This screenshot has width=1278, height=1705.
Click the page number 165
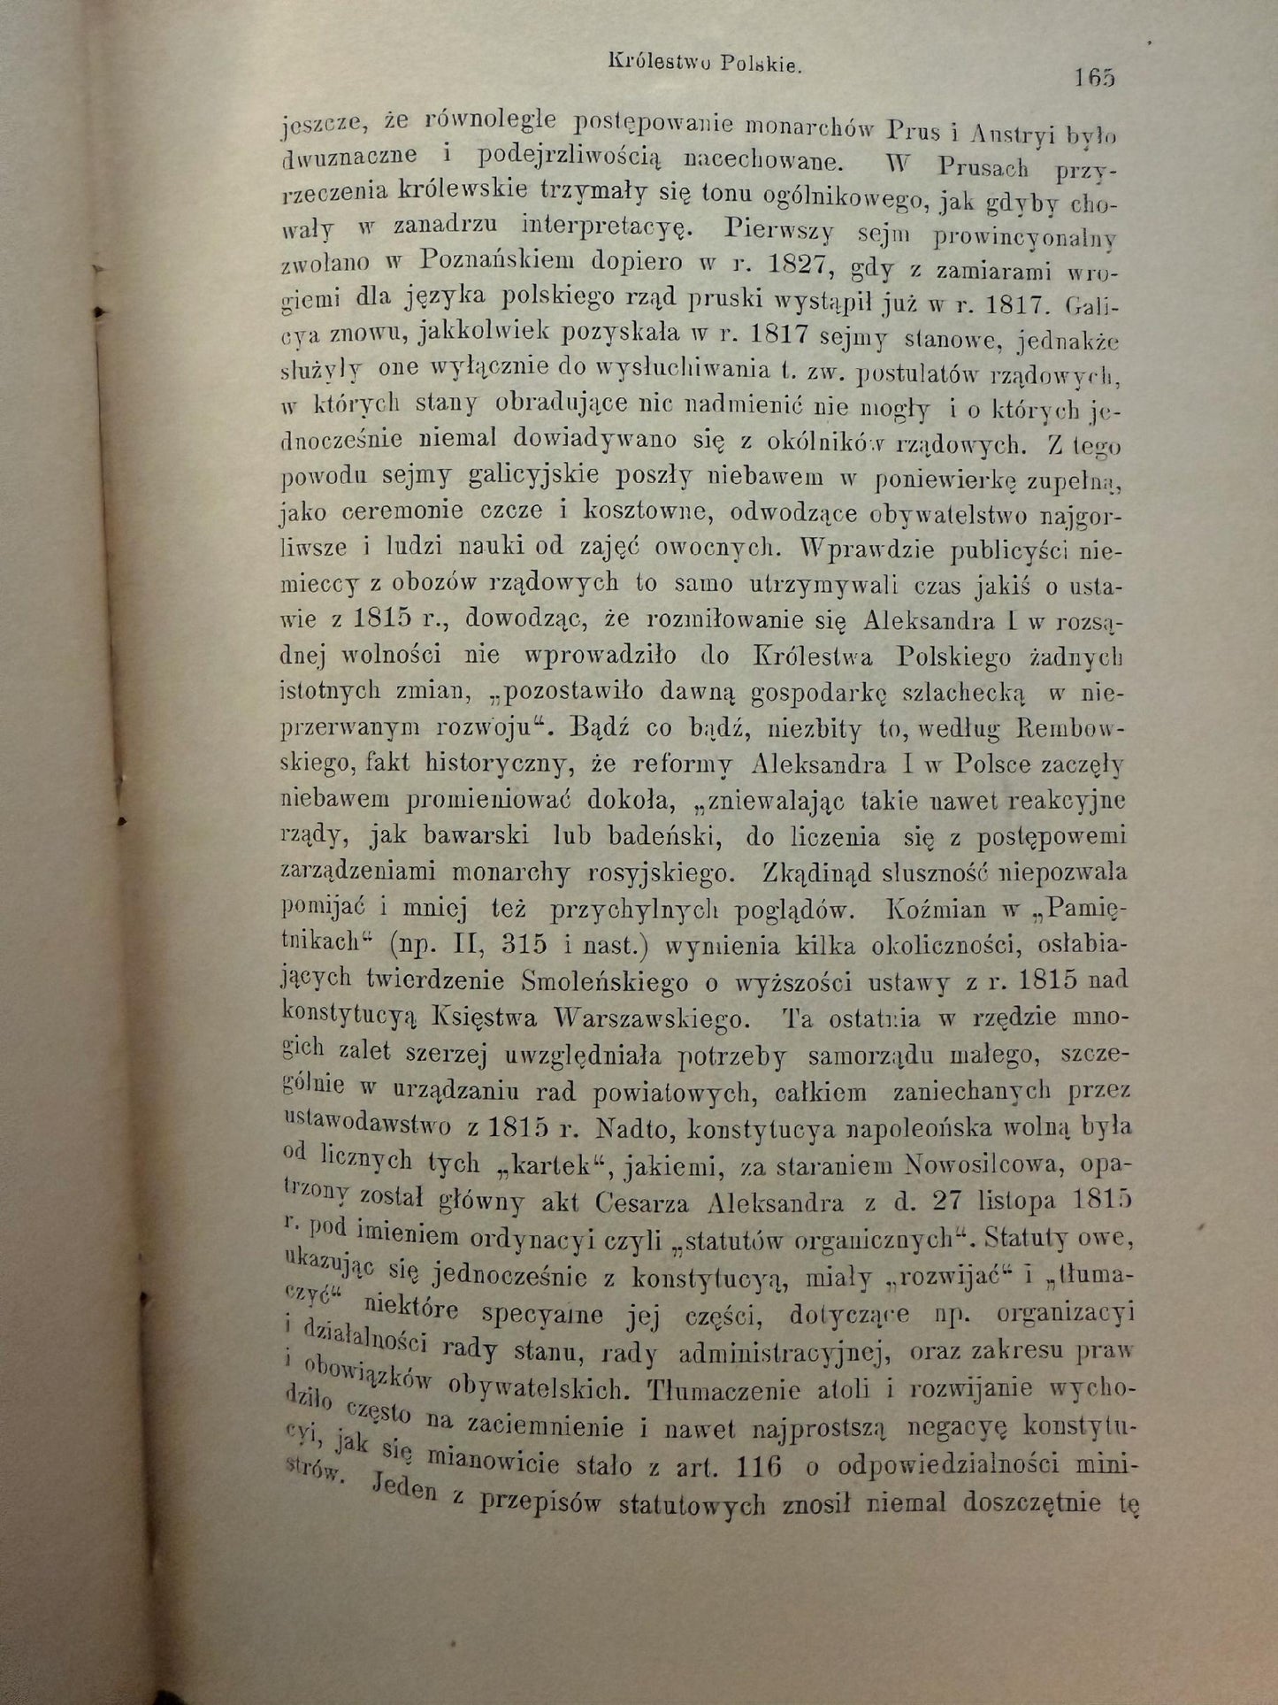[x=1095, y=78]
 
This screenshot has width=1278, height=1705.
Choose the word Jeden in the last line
[x=403, y=1488]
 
